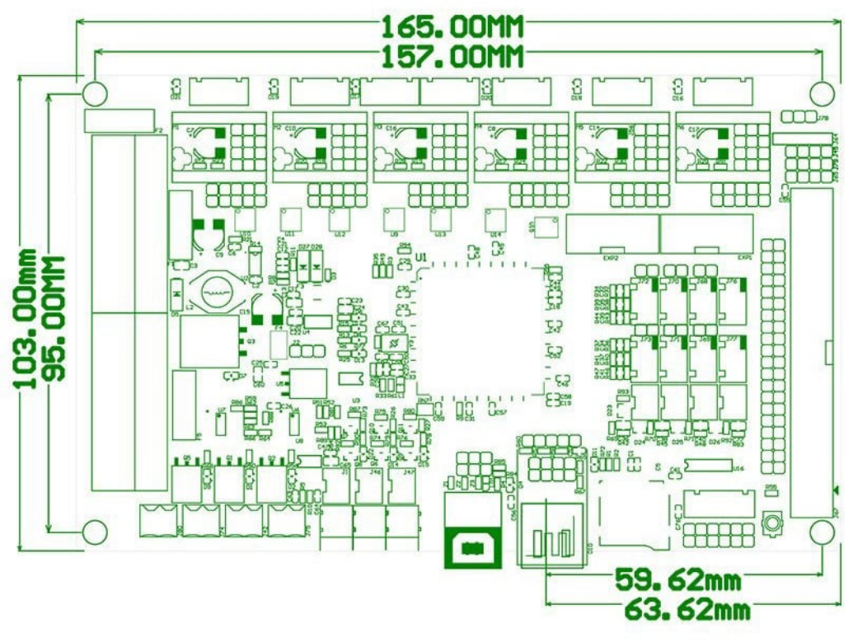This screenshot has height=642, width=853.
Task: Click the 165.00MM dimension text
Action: click(x=452, y=26)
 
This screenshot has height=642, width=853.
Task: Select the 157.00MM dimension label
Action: click(x=452, y=56)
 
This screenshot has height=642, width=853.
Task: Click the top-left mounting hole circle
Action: click(x=94, y=92)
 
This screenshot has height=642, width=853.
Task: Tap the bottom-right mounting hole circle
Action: click(x=822, y=532)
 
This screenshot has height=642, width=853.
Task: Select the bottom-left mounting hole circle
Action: click(x=94, y=532)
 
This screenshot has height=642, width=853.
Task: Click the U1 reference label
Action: click(x=421, y=258)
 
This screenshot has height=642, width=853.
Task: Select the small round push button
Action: click(x=772, y=523)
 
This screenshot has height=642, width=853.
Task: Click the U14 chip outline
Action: click(x=495, y=220)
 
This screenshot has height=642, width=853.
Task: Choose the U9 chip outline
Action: click(x=395, y=220)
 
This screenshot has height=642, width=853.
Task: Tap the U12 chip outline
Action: click(x=339, y=220)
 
